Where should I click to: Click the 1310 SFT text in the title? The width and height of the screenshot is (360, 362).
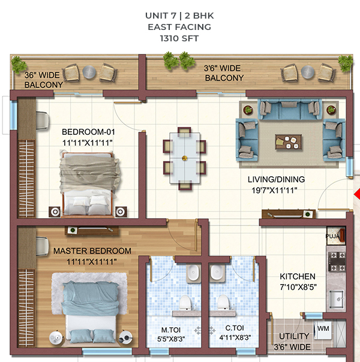coord(179,38)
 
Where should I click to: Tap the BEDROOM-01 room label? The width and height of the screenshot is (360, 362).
coord(88,132)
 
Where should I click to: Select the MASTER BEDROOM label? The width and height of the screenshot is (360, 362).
coord(92,251)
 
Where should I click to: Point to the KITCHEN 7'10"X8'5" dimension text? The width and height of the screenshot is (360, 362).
coord(298,287)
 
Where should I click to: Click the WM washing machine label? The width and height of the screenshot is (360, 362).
coord(323,328)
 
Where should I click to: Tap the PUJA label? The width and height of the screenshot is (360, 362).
coord(332,236)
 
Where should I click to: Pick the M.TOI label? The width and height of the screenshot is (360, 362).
coord(171,330)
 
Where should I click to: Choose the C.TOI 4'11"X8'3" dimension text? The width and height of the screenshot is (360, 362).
coord(235,337)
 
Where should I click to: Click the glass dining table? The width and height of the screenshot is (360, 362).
coord(185,158)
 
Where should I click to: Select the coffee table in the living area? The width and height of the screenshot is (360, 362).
coord(289,142)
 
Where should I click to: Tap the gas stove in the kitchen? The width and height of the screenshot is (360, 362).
coord(337,261)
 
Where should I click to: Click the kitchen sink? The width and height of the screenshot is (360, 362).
coord(337,299)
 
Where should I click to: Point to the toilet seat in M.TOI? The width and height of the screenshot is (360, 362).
coord(185,303)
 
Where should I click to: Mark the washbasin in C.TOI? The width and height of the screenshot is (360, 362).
coord(217,273)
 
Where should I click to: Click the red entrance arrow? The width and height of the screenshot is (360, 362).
coord(357,194)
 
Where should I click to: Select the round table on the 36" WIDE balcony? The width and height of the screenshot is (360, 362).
coord(89,73)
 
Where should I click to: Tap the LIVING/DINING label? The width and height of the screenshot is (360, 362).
coord(276,179)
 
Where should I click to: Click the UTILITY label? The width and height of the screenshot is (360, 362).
coord(294,336)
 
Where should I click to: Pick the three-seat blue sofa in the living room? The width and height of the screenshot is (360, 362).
coord(289,109)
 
